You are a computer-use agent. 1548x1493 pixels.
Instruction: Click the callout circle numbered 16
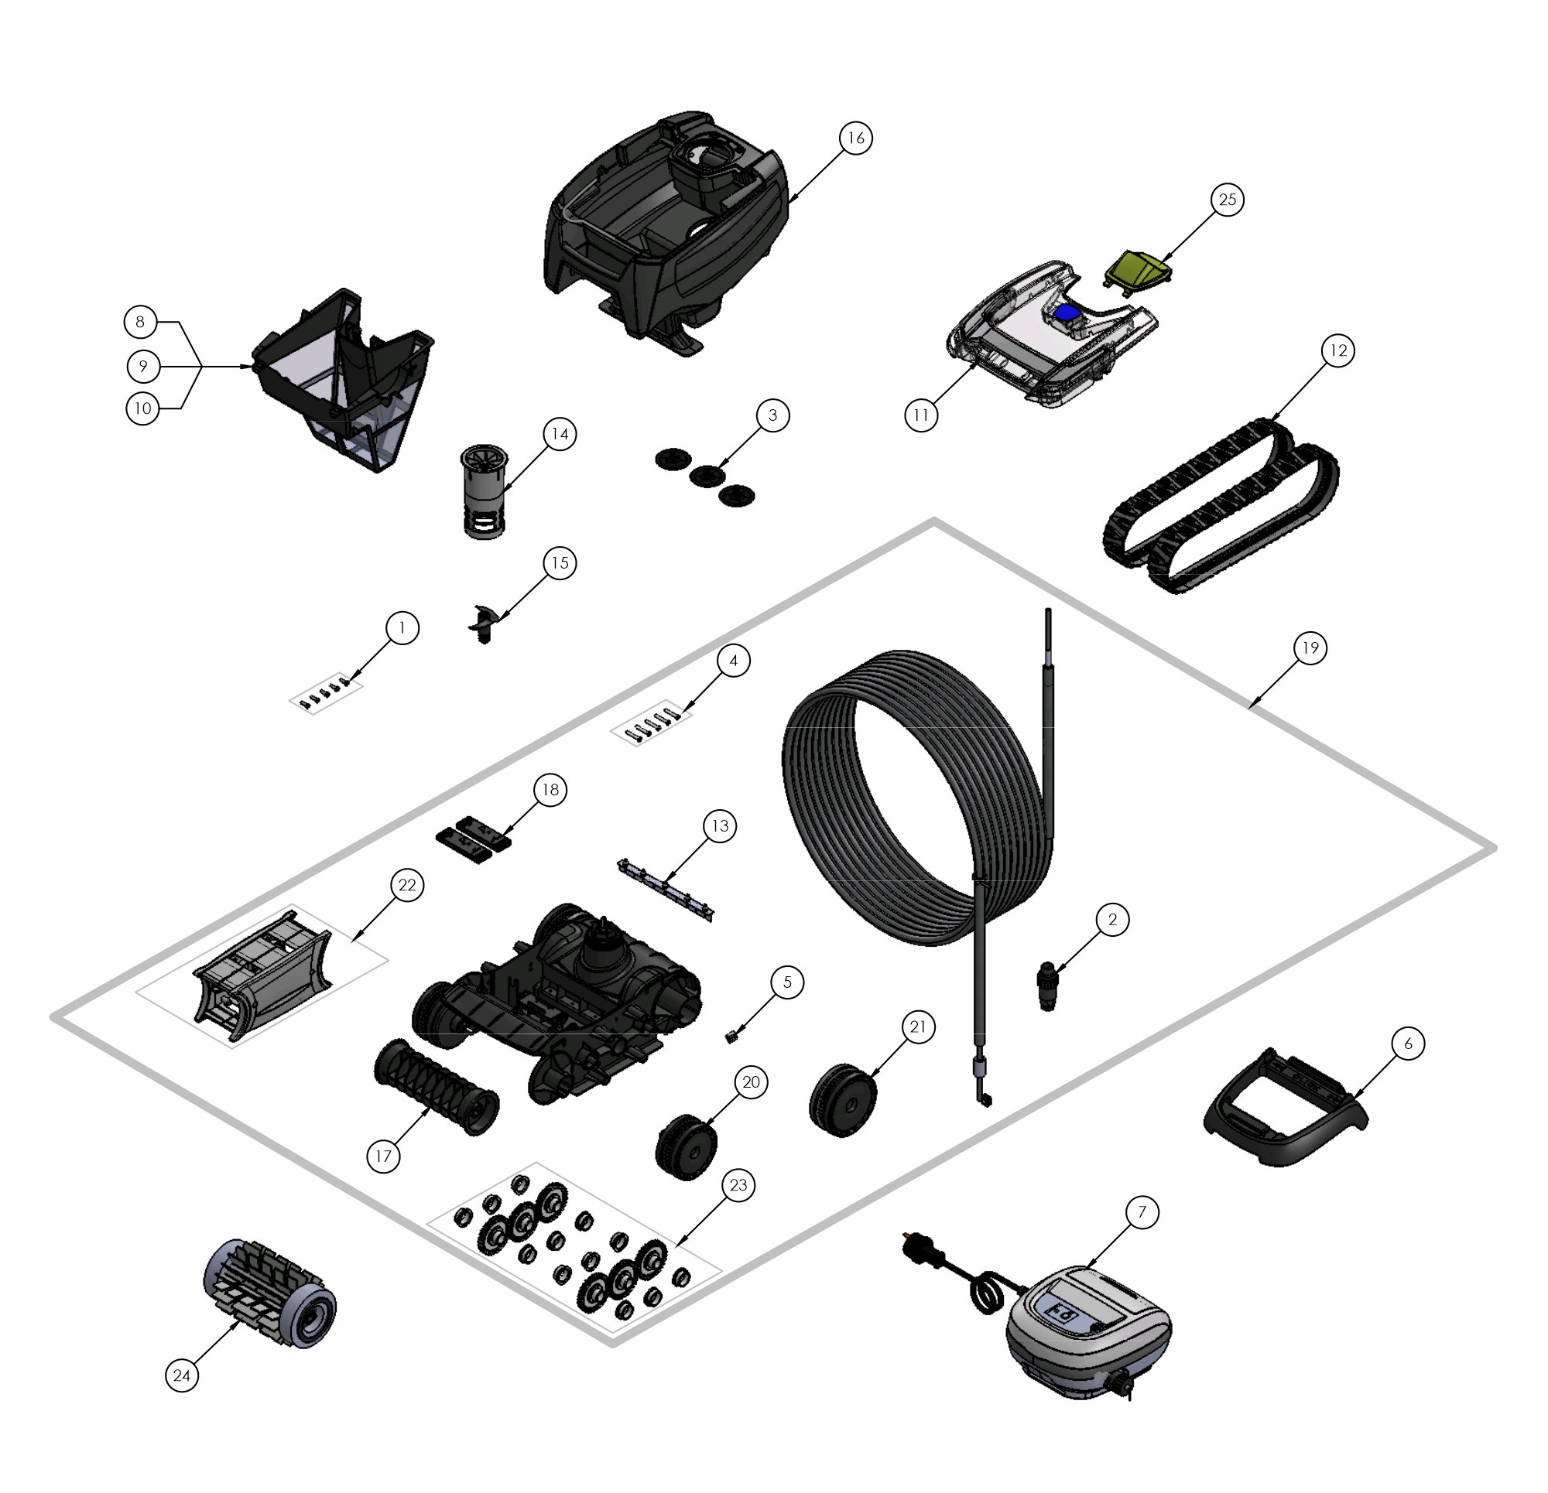point(856,138)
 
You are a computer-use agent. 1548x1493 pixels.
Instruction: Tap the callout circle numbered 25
point(1228,200)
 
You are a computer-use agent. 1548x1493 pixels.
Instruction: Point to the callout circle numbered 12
point(1338,350)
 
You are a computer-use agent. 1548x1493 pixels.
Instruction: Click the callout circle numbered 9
point(143,367)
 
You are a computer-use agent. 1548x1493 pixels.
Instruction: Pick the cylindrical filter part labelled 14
point(483,492)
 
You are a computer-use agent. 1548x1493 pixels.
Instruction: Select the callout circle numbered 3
point(772,415)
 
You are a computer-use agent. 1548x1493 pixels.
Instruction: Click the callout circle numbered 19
point(1310,648)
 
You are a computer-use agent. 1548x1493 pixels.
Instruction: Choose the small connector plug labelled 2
point(1048,986)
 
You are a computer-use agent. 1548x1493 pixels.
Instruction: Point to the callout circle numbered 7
point(1142,1212)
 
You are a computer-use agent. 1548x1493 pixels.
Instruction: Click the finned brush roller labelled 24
point(269,1293)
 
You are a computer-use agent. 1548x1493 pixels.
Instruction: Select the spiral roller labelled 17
point(436,1087)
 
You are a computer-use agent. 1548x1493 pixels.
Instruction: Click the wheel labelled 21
point(843,1102)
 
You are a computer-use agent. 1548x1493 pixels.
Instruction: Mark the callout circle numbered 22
point(407,885)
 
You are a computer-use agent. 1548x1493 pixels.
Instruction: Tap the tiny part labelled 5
point(731,1036)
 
